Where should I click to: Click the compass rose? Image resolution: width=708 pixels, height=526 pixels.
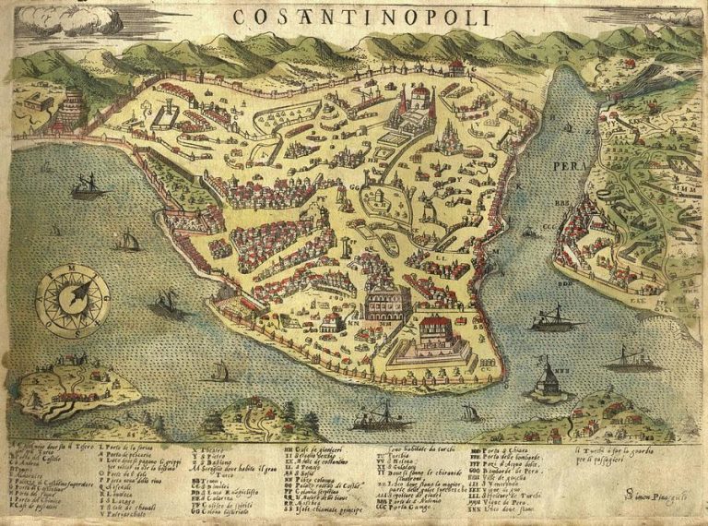[x=72, y=300]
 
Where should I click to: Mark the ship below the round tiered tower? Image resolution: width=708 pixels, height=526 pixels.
[x=88, y=189]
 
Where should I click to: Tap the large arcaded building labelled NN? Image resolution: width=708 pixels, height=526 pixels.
[x=387, y=302]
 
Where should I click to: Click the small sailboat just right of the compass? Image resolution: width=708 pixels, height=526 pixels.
[x=167, y=302]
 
